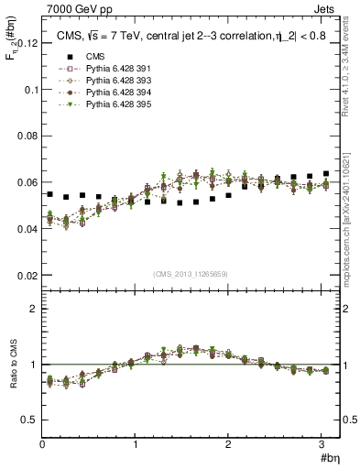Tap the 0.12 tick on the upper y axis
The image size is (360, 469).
27,43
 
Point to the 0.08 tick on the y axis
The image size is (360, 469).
27,136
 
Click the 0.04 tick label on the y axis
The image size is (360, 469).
27,229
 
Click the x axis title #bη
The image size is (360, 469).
329,458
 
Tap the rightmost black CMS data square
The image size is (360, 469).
326,174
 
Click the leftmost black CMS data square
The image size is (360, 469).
49,194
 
